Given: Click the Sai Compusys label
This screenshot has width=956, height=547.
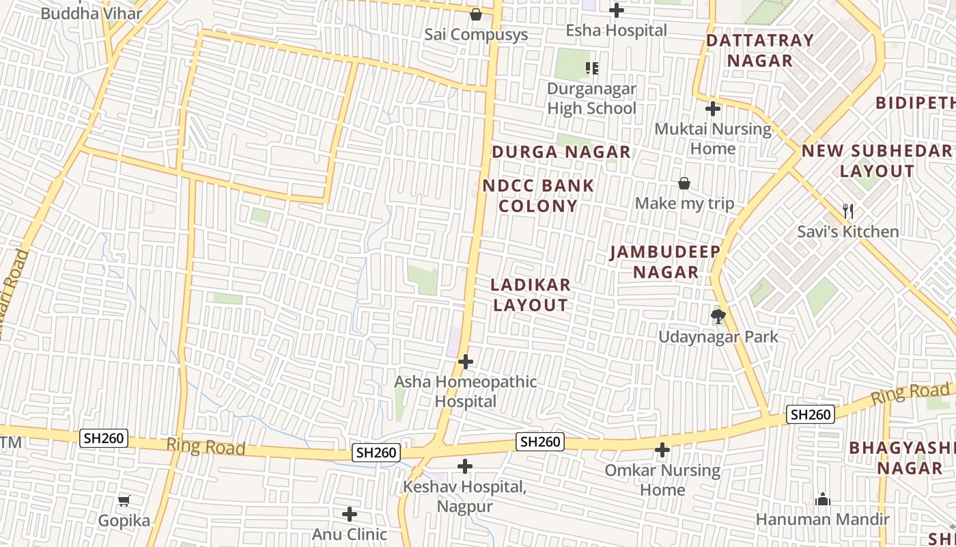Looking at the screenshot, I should (x=476, y=34).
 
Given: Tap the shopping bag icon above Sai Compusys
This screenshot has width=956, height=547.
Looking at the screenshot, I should (x=476, y=14).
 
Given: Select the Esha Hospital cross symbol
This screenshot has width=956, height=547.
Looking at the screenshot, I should (x=617, y=10).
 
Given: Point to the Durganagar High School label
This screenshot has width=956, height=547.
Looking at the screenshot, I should (x=591, y=98).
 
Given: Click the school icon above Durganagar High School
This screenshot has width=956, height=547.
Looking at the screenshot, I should (x=591, y=68).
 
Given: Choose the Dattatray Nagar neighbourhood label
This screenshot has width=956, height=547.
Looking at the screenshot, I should (x=759, y=50).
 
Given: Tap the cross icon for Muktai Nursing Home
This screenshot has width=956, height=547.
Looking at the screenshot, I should (x=713, y=108).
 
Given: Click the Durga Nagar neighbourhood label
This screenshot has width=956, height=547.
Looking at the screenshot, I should (x=561, y=152).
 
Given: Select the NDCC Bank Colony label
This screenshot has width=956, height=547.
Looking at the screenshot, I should (x=538, y=196).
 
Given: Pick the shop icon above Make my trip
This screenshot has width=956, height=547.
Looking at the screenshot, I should (x=684, y=183).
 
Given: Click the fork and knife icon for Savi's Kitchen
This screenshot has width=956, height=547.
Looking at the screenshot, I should (x=848, y=211).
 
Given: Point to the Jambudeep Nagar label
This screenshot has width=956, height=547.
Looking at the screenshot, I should (x=665, y=262).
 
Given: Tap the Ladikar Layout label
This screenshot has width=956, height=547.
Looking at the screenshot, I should (x=531, y=295).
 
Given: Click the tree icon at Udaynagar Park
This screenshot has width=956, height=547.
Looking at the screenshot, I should (x=718, y=316).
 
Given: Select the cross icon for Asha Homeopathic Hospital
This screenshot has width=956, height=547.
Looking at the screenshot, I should (x=466, y=361).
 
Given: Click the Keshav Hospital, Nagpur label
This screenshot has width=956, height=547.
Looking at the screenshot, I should (x=466, y=497).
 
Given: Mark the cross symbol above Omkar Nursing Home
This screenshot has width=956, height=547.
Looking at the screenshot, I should (x=662, y=450).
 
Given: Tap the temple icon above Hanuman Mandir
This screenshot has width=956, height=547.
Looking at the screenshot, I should (x=822, y=499).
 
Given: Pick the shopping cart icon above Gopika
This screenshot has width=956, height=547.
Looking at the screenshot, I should (x=124, y=501).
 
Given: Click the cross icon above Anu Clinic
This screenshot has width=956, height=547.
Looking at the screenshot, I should (x=350, y=514).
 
